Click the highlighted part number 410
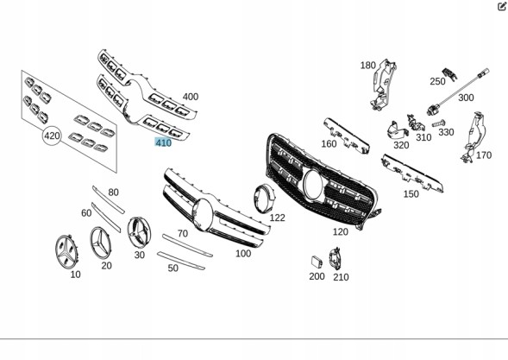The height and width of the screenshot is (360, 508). click(x=163, y=142)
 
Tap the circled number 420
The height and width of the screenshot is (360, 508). click(x=52, y=136)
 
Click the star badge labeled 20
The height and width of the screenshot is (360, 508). click(x=100, y=243)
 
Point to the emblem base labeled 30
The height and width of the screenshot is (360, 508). click(x=139, y=231)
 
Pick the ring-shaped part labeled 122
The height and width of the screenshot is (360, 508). click(x=264, y=199)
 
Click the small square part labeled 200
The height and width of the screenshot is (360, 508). click(x=317, y=262)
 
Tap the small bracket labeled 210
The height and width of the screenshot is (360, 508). click(x=335, y=259)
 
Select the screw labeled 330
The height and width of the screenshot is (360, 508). click(x=438, y=123)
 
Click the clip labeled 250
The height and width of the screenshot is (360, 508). click(x=450, y=74)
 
